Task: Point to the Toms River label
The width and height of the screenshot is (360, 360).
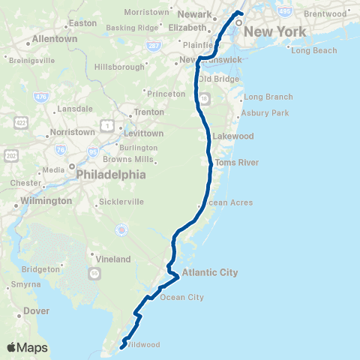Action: (236, 163)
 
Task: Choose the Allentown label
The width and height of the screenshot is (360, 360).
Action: (55, 38)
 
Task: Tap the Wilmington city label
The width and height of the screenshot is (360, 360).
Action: (46, 201)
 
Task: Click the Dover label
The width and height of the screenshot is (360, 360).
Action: (37, 310)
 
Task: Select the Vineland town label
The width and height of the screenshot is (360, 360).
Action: (113, 258)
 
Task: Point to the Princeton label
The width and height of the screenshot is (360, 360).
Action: (166, 94)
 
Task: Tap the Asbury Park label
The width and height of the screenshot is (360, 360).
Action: (265, 113)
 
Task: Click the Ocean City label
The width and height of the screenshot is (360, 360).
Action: (181, 298)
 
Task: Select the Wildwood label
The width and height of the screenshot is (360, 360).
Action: (142, 345)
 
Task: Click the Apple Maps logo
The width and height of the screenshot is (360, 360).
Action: (27, 347)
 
